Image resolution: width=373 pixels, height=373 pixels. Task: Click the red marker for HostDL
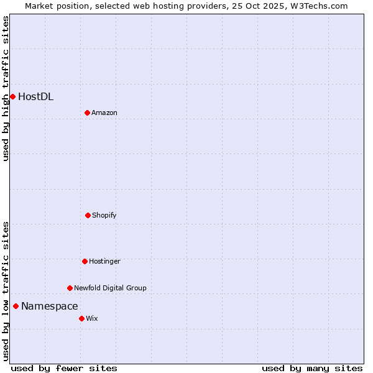[12, 96]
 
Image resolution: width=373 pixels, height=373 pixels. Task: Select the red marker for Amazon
[87, 113]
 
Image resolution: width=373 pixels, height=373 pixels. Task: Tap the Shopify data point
[88, 215]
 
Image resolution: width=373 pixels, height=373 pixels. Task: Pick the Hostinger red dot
[85, 261]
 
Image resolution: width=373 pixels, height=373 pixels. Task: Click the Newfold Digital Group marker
[70, 288]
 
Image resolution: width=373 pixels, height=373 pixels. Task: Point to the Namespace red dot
[16, 306]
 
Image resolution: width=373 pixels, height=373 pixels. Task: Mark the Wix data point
[81, 318]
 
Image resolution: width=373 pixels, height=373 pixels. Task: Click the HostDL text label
[35, 96]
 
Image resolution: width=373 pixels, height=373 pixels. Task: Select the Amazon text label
[104, 113]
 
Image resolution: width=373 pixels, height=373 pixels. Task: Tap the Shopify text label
[104, 215]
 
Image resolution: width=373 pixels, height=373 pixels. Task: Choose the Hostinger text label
[104, 261]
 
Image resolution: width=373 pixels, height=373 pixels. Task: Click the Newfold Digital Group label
[110, 288]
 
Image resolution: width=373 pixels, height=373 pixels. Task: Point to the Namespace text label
[50, 306]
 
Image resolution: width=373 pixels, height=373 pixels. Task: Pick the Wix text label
[92, 318]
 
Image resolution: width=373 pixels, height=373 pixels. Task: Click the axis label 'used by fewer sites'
[64, 368]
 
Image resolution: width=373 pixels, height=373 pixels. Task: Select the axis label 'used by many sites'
[312, 368]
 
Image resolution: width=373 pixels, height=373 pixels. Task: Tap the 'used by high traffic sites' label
[6, 88]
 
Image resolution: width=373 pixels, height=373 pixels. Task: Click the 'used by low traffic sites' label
[6, 291]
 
